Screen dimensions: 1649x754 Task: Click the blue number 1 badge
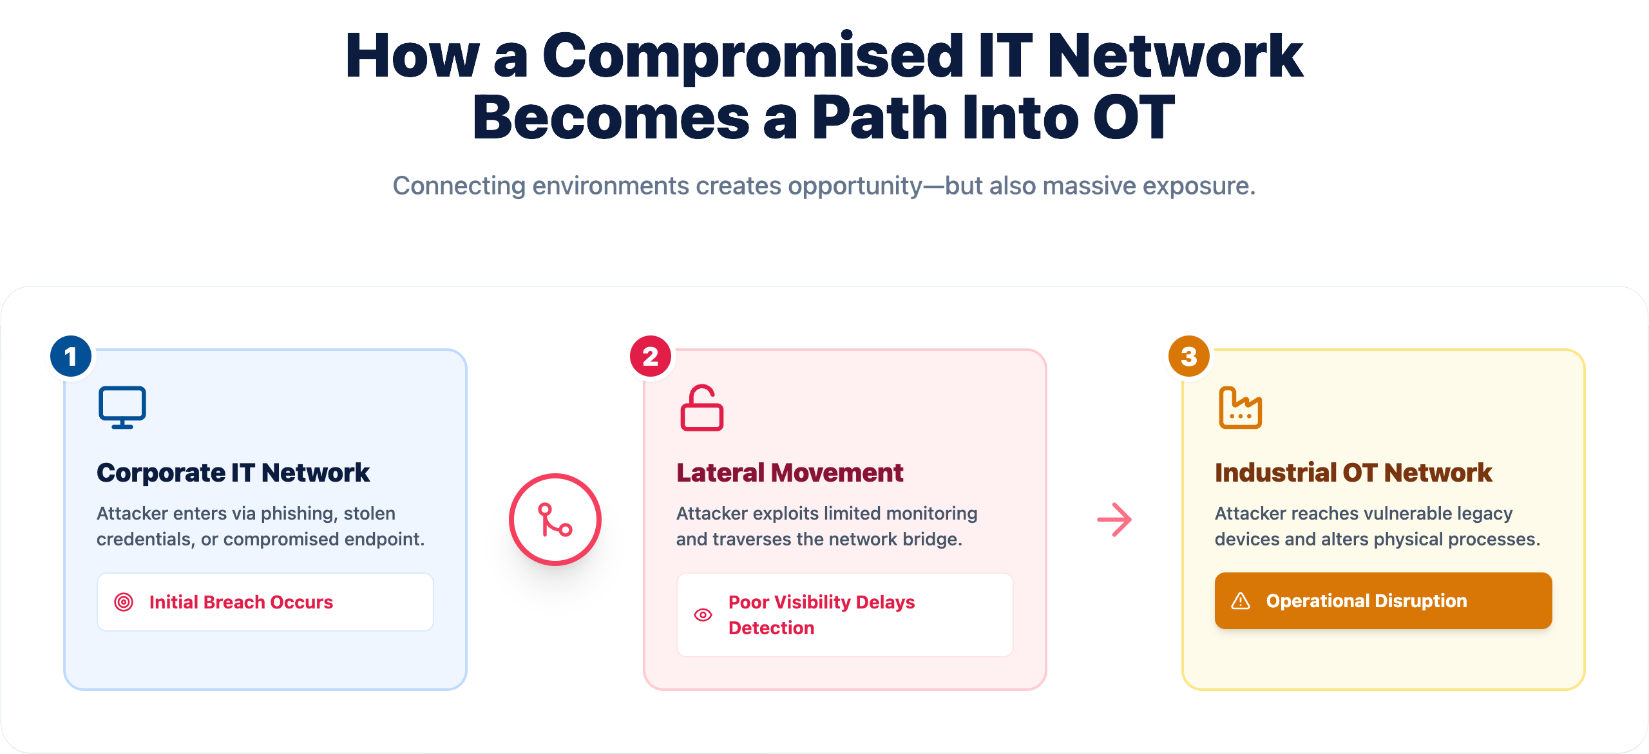coord(71,356)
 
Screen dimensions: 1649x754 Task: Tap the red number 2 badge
coord(651,356)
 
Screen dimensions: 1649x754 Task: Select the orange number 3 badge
coord(1189,356)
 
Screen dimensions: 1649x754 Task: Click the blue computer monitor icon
coord(122,407)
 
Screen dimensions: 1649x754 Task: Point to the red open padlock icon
coord(702,408)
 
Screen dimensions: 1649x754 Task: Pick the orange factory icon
coord(1241,408)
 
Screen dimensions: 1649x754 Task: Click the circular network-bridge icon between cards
coord(555,520)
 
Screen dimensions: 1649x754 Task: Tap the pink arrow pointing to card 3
coord(1114,520)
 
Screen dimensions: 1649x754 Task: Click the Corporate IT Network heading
coord(233,473)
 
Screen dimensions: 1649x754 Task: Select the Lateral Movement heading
coord(790,473)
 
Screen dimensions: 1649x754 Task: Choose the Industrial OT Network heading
coord(1353,473)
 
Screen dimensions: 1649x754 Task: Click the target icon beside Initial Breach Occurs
coord(124,602)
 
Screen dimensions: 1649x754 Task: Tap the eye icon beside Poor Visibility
coord(703,615)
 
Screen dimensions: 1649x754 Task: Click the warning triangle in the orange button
coord(1241,601)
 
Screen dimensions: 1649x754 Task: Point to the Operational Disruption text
coord(1367,601)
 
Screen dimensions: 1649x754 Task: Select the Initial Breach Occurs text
coord(241,602)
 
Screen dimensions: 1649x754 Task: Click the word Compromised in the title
coord(753,56)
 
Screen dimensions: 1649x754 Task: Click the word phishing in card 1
coord(299,514)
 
